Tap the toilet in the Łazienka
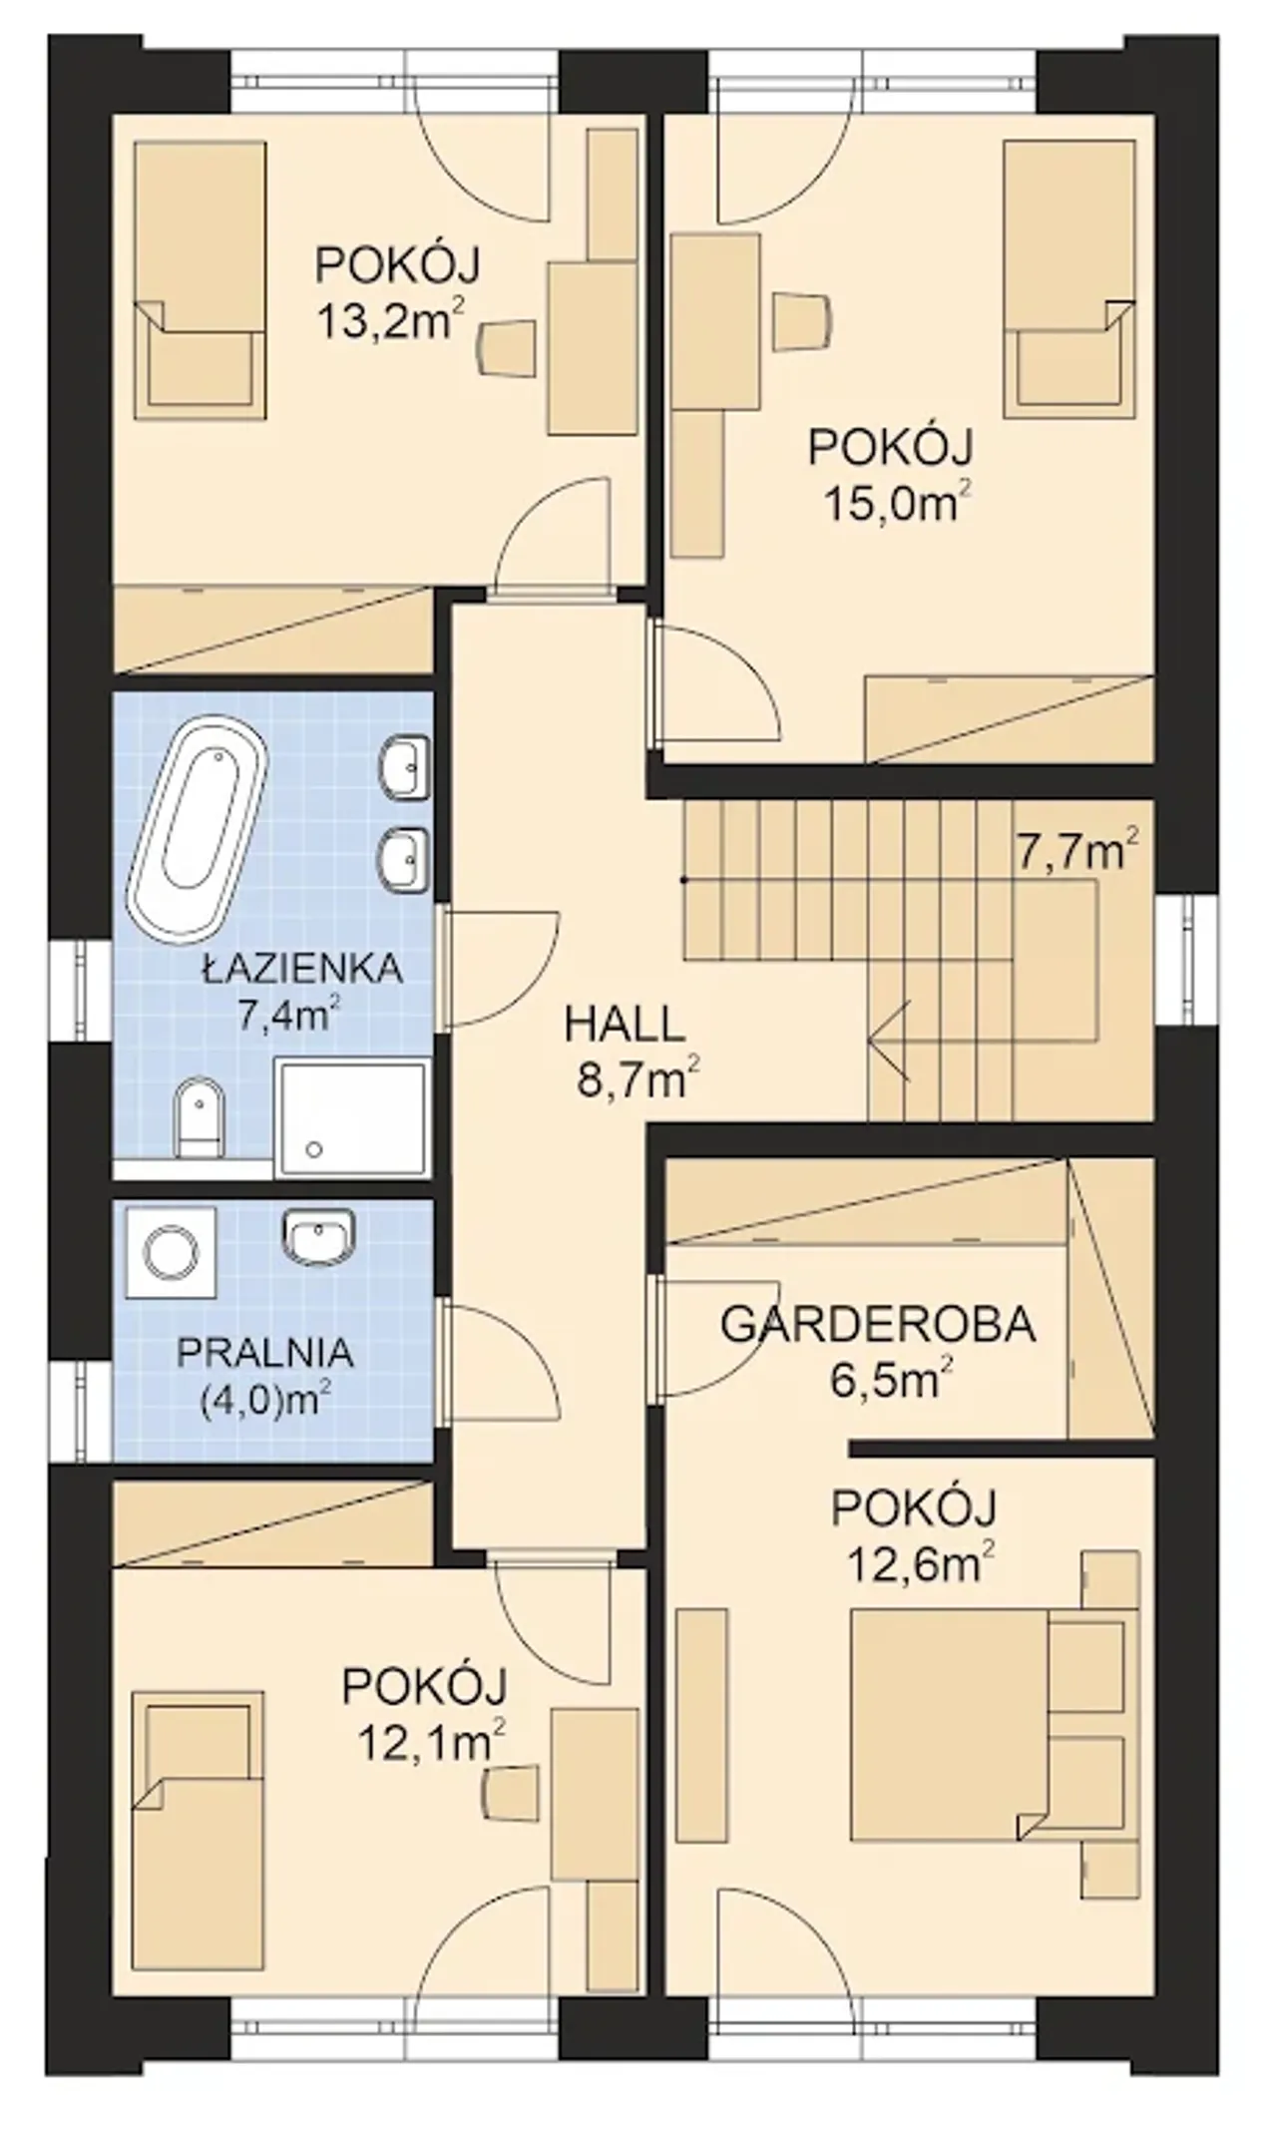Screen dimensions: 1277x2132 [198, 1116]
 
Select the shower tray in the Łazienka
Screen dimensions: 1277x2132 [352, 1118]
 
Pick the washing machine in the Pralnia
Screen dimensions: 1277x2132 [171, 1251]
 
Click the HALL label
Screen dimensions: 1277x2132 [625, 1025]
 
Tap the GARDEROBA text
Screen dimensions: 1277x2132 [878, 1325]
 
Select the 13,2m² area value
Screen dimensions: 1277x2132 [390, 320]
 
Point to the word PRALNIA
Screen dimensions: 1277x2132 [264, 1354]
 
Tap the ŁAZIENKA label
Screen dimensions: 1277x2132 [302, 969]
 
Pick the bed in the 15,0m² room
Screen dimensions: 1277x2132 [1069, 279]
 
